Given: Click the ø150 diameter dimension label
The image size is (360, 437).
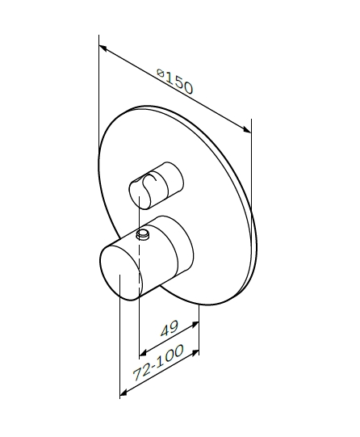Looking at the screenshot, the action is (174, 81).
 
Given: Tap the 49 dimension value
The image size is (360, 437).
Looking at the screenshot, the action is (170, 328).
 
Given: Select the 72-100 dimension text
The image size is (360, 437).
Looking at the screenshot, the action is (158, 363).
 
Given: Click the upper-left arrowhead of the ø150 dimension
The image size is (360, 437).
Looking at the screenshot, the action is (103, 48).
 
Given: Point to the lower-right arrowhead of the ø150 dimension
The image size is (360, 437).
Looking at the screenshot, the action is (247, 129).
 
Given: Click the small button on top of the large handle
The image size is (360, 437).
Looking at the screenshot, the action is (143, 234).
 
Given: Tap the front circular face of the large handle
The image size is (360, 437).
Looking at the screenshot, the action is (120, 271).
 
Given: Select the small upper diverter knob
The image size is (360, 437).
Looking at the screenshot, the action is (157, 185).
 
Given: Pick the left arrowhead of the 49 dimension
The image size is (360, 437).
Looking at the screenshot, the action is (143, 353).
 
